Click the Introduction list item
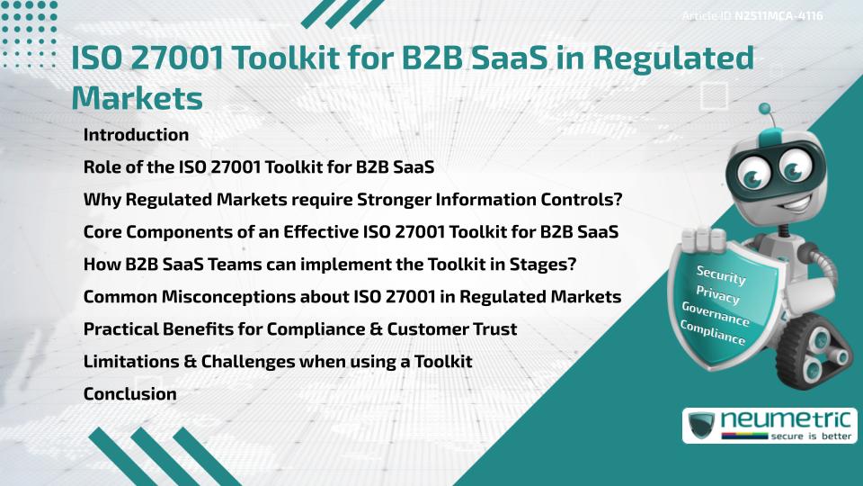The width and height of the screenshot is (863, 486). pos(136,135)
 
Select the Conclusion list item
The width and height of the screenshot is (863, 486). pos(129,393)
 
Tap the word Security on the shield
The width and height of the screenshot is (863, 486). pos(721,274)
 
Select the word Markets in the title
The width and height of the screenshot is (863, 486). pos(137,97)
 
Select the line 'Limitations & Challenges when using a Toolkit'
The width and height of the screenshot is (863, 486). pos(278,361)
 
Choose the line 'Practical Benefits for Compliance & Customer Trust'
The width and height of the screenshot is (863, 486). pos(300,328)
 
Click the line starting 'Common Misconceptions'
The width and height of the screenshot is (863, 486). pos(352,296)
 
